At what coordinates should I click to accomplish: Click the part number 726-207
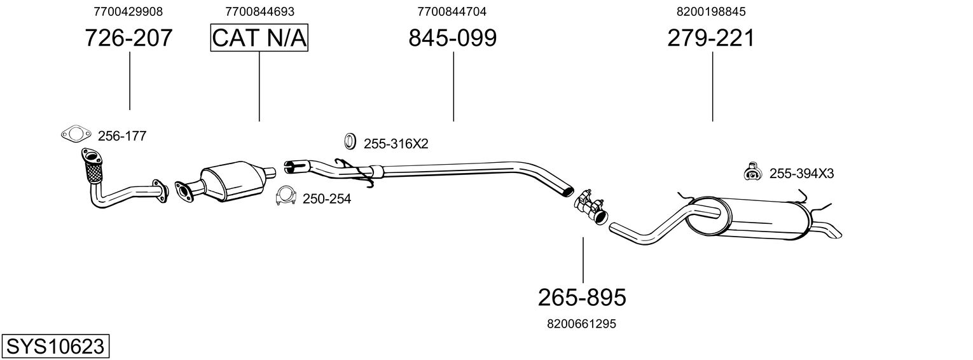129,39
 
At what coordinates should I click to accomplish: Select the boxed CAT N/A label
259,39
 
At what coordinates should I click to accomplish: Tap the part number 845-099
452,39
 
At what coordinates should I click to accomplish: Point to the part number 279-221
711,39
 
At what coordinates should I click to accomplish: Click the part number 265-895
582,297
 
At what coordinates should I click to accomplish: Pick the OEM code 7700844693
259,11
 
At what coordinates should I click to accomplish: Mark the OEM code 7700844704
452,11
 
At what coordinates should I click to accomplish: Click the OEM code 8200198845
711,11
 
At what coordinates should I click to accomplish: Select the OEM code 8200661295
581,324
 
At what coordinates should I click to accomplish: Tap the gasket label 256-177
122,135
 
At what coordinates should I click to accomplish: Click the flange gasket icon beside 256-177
74,134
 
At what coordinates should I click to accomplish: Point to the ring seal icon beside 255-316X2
350,141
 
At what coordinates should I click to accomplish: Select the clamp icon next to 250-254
286,197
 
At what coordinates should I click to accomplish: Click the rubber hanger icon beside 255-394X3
752,172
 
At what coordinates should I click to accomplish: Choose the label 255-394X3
801,173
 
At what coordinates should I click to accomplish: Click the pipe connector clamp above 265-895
590,205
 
